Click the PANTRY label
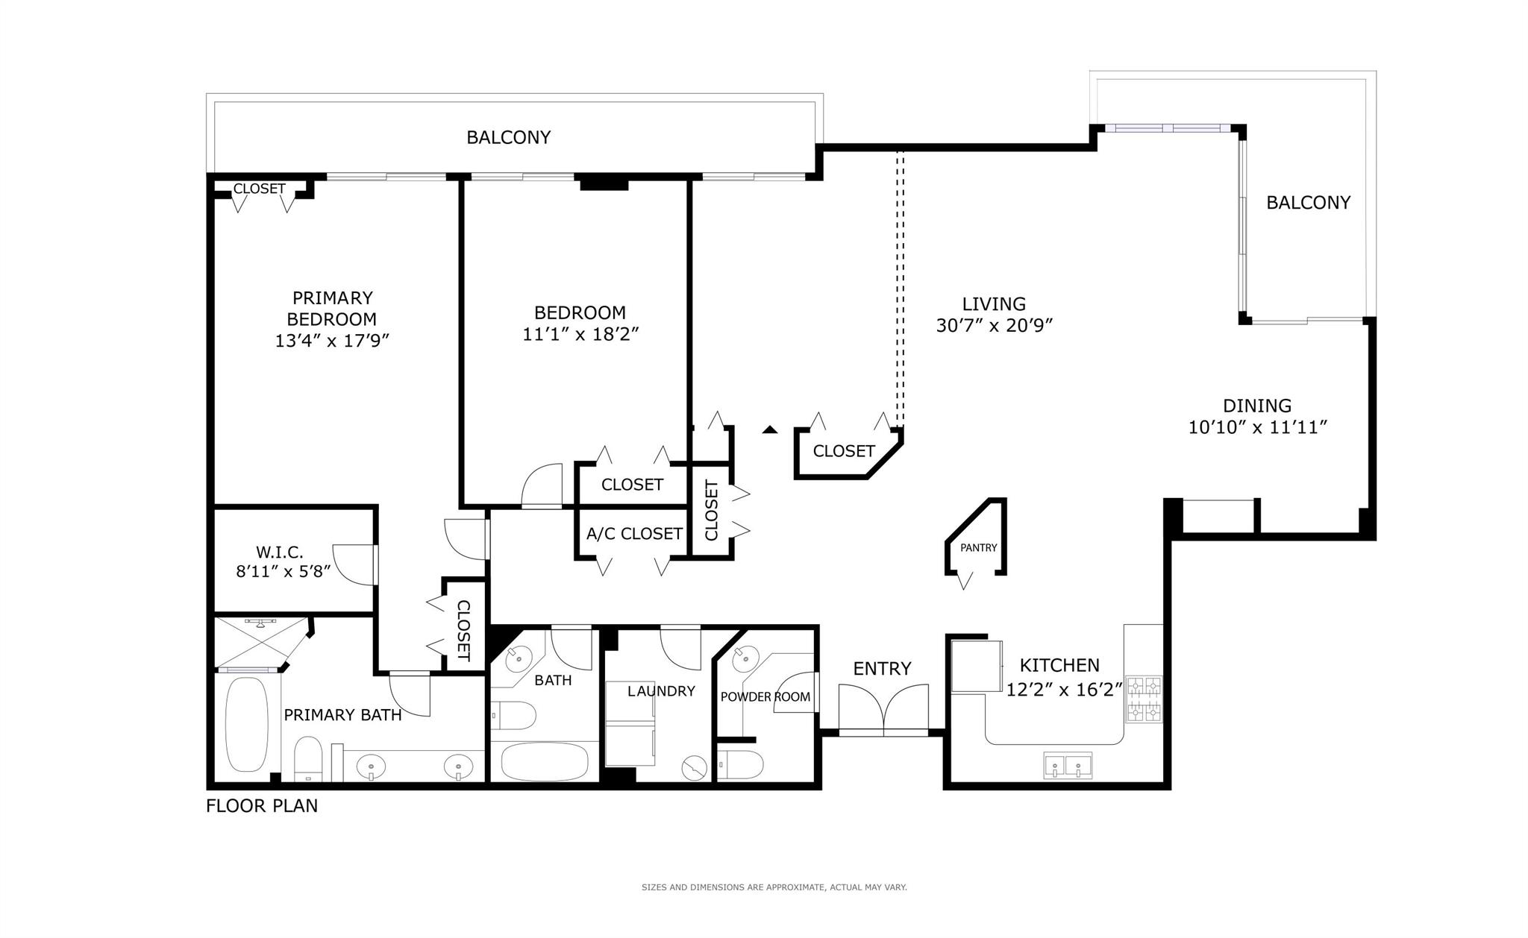978,547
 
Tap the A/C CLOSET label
633,534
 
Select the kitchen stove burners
1144,699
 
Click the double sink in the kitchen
1067,765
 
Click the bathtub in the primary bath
246,724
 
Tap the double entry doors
883,710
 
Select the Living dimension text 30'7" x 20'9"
994,326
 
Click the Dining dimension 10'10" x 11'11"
1257,427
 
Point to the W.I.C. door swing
352,564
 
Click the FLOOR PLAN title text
262,806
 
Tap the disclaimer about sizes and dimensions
774,887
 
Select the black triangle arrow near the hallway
770,429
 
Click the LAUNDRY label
661,691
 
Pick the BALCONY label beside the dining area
1308,203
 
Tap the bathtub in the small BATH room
544,761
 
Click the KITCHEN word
1059,665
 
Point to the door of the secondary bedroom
541,486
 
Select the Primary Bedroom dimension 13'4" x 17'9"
332,341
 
